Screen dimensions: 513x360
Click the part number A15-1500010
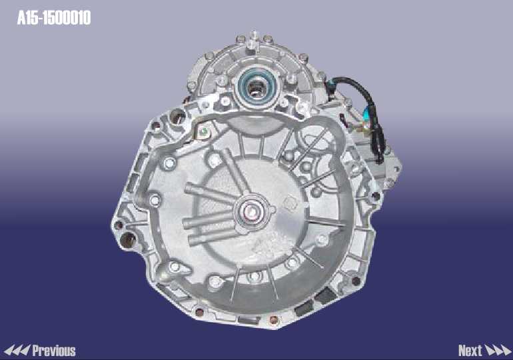[54, 18]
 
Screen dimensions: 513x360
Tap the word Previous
[54, 351]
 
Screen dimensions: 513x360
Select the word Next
[470, 351]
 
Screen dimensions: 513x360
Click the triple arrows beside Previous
[17, 351]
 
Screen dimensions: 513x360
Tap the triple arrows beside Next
[498, 351]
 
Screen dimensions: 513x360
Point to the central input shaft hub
[251, 211]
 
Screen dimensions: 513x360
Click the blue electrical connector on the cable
[367, 114]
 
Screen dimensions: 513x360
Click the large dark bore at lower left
[128, 241]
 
